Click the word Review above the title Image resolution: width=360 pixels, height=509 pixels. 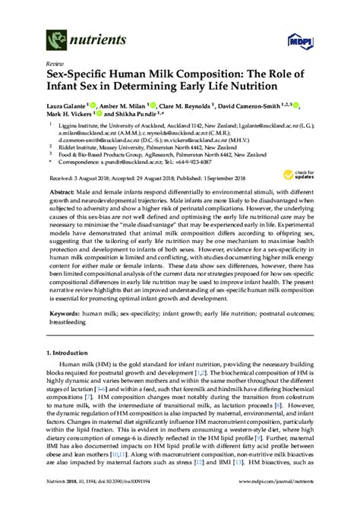(x=55, y=64)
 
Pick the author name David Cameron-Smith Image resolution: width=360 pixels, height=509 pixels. (x=244, y=106)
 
